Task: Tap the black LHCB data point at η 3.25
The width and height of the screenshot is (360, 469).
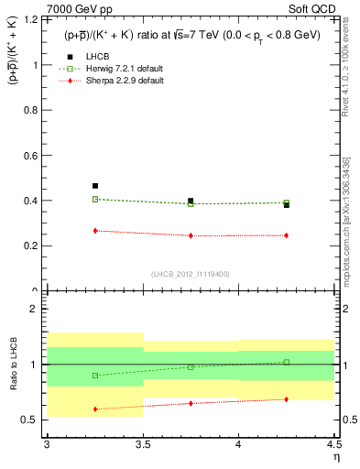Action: (x=95, y=186)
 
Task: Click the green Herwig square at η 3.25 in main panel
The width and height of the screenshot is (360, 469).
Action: (x=95, y=199)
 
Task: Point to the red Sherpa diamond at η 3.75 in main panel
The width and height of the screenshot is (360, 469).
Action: (x=191, y=235)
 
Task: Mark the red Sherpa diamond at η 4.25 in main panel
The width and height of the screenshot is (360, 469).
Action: (x=287, y=235)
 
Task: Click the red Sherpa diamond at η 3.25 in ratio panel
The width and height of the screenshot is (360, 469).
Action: (x=95, y=409)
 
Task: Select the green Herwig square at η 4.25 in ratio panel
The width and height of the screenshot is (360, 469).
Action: (x=287, y=362)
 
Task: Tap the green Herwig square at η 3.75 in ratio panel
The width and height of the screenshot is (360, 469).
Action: (x=191, y=366)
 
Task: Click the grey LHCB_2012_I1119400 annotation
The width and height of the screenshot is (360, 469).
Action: (x=191, y=274)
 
